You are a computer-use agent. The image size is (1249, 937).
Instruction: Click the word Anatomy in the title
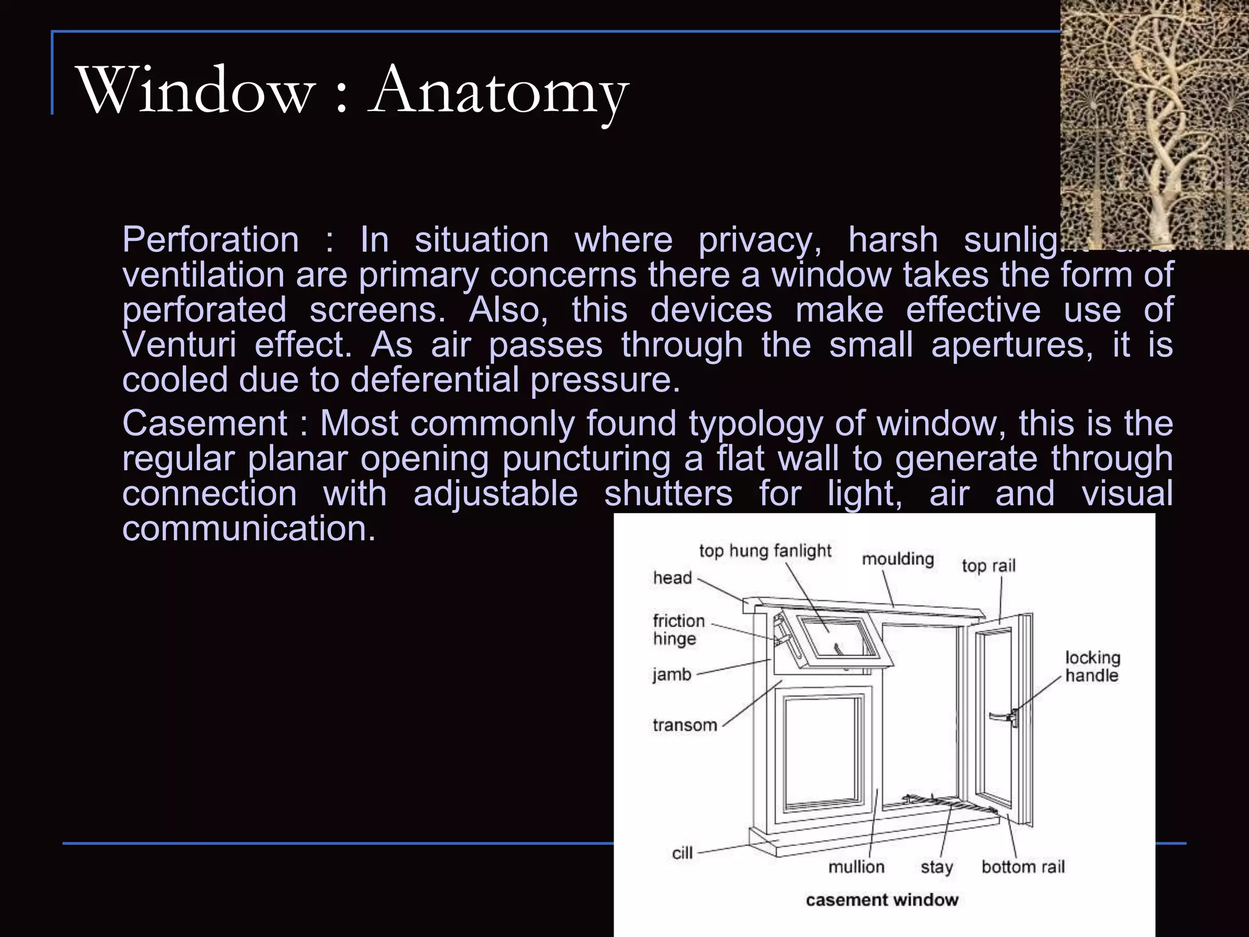coord(498,92)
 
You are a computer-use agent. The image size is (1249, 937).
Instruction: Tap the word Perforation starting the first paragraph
coord(210,239)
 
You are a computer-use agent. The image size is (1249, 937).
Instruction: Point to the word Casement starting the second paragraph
coord(204,423)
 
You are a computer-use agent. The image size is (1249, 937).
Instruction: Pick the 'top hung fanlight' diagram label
coord(765,551)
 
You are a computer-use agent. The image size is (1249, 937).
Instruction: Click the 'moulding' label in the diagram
coord(897,559)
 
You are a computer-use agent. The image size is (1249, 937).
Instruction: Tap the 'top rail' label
coord(988,565)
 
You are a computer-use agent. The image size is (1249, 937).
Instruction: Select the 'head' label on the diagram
coord(672,578)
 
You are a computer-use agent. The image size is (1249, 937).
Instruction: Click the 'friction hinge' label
coord(678,630)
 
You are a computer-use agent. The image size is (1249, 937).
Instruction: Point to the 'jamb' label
coord(671,675)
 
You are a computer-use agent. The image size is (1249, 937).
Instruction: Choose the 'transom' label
coord(684,725)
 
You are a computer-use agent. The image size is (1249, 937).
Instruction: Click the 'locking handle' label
coord(1092,666)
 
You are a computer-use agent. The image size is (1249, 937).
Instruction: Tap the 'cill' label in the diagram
coord(682,853)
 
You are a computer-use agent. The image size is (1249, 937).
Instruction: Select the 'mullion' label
coord(856,867)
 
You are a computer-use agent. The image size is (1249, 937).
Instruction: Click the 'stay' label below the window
coord(936,867)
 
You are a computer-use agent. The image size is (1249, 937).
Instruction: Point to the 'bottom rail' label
coord(1023,867)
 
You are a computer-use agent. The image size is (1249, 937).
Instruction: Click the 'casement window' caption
coord(882,900)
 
